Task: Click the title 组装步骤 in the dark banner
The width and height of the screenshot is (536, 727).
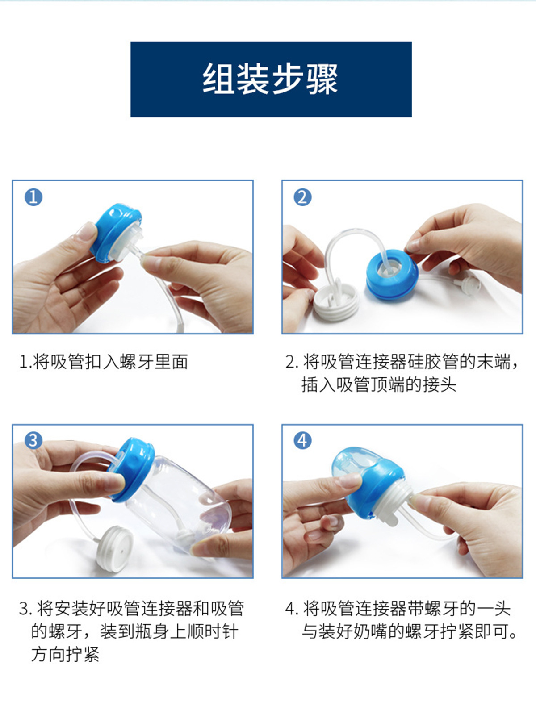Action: (270, 79)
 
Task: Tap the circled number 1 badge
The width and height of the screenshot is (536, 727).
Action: (33, 197)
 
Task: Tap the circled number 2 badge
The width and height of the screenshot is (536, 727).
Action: (302, 197)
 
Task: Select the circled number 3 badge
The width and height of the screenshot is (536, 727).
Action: (33, 441)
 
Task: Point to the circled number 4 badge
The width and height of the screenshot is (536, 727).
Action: (302, 441)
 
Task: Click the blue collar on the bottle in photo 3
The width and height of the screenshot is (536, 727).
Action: (131, 469)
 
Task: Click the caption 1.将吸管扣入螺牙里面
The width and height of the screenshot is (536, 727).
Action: (104, 362)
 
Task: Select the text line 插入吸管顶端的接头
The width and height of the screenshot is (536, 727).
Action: (379, 384)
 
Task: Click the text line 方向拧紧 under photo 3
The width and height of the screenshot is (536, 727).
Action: (65, 654)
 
